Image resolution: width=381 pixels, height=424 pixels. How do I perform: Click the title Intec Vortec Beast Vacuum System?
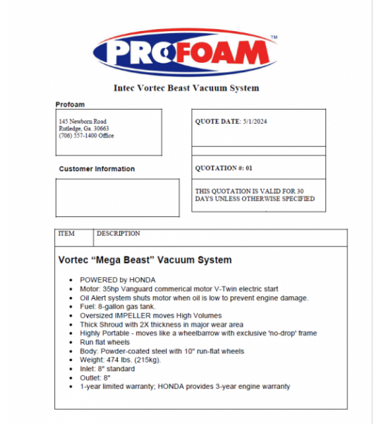186,88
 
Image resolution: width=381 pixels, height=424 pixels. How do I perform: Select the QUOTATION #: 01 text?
223,169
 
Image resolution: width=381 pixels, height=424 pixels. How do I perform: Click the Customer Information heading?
97,169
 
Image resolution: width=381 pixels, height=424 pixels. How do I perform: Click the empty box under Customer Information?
117,197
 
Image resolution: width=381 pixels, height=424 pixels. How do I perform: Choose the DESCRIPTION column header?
118,234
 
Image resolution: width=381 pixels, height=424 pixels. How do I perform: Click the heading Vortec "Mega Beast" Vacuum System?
145,260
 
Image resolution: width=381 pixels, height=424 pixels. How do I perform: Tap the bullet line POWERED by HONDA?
118,280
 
